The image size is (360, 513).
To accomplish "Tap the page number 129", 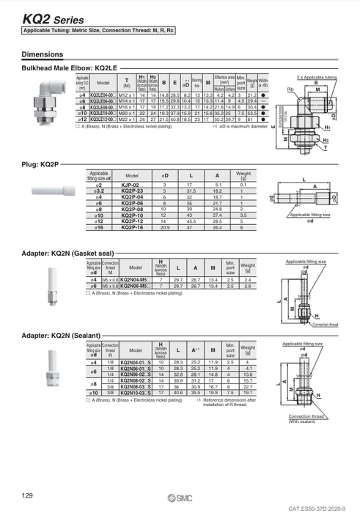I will (x=28, y=496).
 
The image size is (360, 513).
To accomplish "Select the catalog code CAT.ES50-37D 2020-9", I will (x=320, y=506).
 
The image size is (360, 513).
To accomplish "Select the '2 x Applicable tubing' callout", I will (x=316, y=75).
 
